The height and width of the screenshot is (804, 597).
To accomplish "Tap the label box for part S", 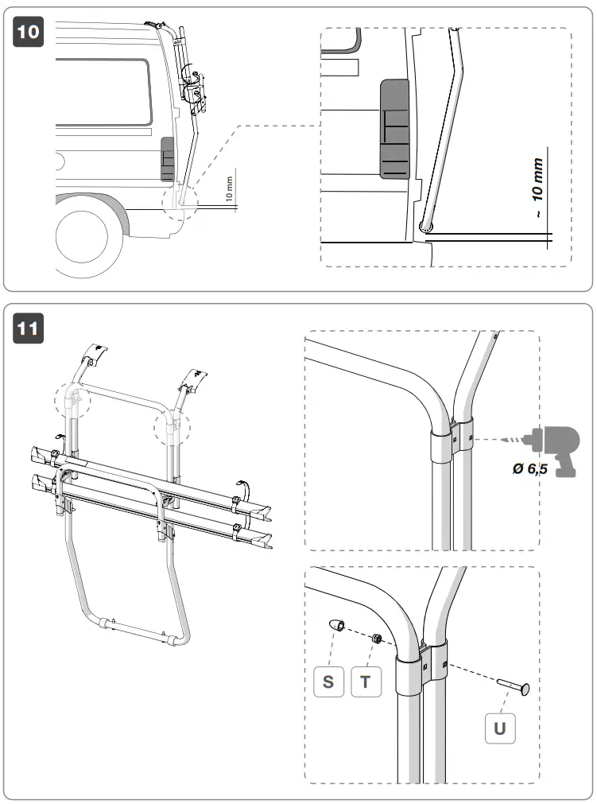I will tap(328, 682).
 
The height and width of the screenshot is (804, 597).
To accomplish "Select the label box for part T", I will tap(366, 682).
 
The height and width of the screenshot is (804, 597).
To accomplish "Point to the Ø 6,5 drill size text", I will tap(531, 470).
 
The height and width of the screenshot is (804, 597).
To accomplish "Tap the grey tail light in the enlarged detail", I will tap(394, 130).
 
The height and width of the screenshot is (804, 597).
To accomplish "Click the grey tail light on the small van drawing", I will tap(168, 157).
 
